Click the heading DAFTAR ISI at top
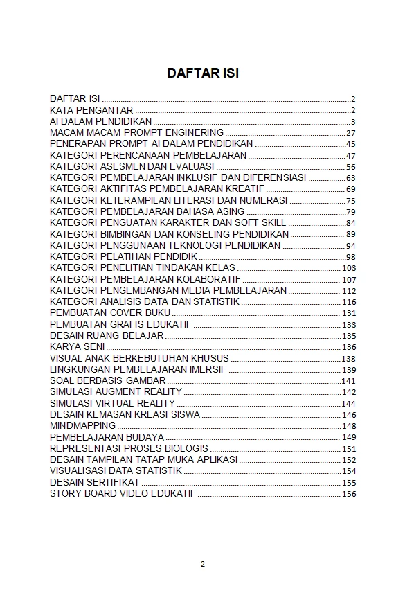pos(202,73)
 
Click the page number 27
pos(350,133)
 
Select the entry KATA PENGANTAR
pos(91,110)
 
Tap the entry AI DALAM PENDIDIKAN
pos(101,121)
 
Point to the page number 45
pos(350,144)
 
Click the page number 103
pos(348,268)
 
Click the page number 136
pos(348,347)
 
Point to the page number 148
pos(348,426)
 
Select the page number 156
pos(348,494)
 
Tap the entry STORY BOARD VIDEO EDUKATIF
pos(123,493)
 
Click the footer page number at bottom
pos(203,563)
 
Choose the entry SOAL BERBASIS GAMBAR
pos(107,380)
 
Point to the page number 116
pos(348,302)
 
